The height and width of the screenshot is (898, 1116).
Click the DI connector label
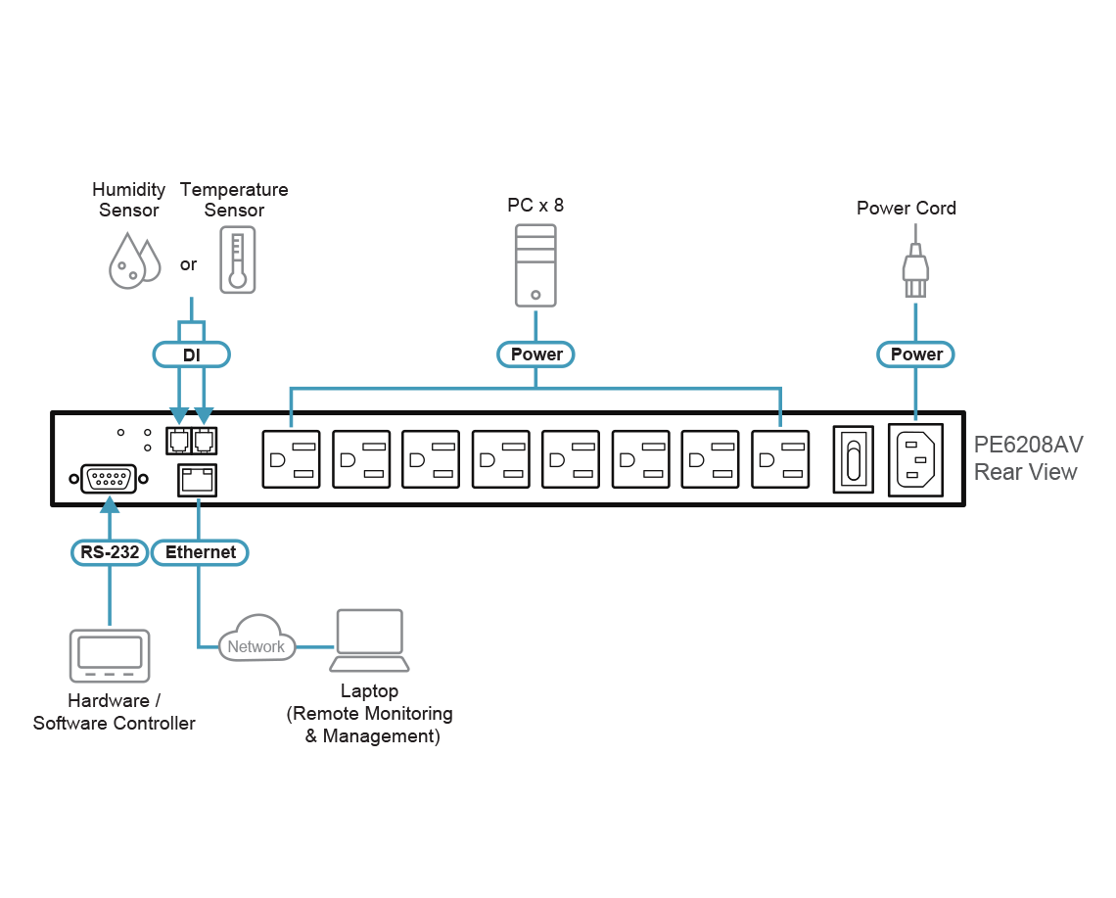pos(192,354)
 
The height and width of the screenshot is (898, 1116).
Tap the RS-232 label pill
pos(108,552)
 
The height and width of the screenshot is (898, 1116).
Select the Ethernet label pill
pos(201,552)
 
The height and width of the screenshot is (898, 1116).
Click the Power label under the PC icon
pos(536,354)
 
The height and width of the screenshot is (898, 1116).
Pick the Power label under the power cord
pos(916,354)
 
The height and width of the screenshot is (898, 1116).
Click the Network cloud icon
pos(256,638)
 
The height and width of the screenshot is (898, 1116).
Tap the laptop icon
pos(369,640)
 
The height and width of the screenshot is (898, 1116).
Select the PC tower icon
pos(535,264)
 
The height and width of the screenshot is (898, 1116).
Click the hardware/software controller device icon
pos(109,655)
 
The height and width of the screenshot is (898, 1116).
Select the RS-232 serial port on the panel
pos(109,479)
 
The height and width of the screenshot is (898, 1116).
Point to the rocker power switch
pos(853,459)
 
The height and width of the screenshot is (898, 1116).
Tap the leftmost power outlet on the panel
pos(291,459)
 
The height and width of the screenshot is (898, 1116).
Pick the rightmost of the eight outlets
pos(780,459)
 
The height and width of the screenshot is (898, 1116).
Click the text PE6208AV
pos(1028,445)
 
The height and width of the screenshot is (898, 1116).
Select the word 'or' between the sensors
pos(189,264)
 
